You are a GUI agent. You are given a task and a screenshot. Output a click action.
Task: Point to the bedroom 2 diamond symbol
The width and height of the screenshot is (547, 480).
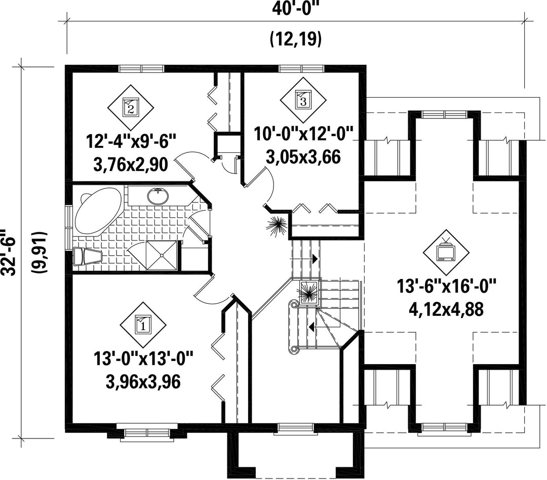(x=131, y=108)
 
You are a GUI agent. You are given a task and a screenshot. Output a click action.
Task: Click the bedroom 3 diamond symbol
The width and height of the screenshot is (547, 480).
(x=303, y=100)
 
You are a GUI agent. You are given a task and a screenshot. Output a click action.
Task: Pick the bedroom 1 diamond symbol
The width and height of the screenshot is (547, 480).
(x=143, y=325)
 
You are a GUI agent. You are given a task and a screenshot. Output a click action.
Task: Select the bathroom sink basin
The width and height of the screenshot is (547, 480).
(x=158, y=196)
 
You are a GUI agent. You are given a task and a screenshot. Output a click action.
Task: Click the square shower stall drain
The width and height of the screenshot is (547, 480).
(x=162, y=255)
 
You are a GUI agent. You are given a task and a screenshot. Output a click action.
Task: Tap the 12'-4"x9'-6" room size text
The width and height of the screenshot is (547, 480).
(x=131, y=142)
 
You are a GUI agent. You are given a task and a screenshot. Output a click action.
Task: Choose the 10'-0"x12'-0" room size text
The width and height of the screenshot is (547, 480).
(x=303, y=134)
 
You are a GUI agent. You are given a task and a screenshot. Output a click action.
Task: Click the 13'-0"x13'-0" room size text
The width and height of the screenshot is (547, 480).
(x=143, y=358)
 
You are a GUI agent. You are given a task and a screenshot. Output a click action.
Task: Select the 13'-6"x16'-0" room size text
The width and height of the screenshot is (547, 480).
(x=446, y=287)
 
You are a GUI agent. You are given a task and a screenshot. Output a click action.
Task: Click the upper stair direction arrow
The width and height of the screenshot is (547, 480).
(x=315, y=259)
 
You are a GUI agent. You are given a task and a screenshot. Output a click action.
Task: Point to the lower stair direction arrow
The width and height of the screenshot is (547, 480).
(x=311, y=327)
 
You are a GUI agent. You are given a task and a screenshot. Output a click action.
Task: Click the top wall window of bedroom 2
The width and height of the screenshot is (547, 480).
(x=141, y=68)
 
